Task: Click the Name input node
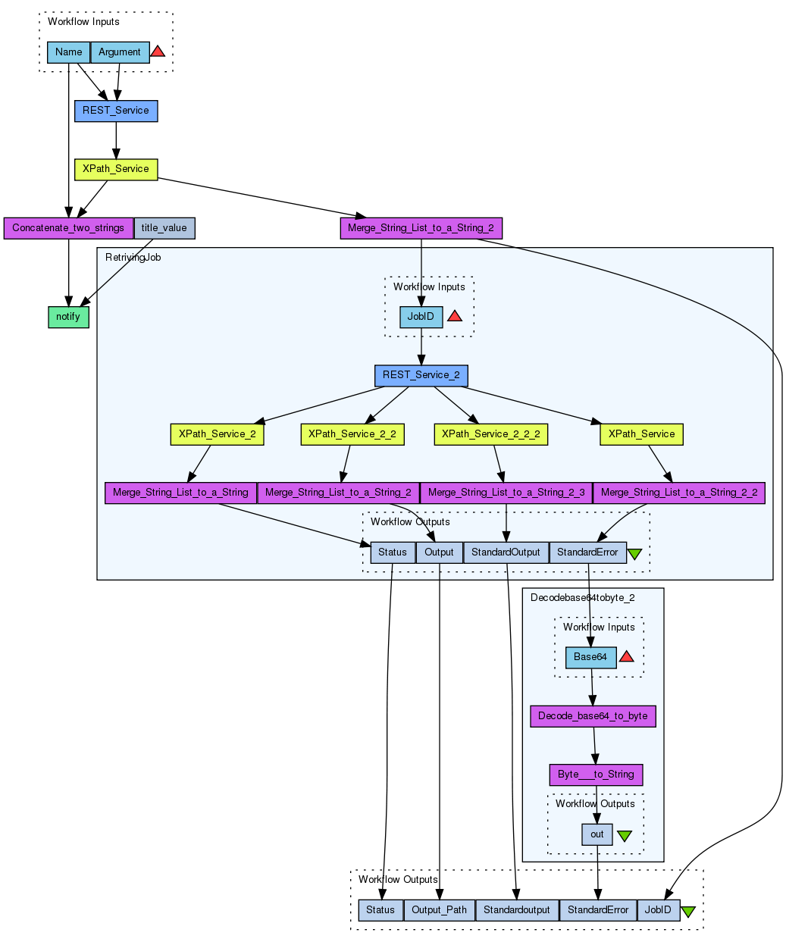[x=68, y=52]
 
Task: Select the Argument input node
[x=120, y=52]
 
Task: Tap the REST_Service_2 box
[x=421, y=375]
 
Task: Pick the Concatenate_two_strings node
[x=68, y=228]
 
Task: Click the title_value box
[x=164, y=228]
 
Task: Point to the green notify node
[x=68, y=317]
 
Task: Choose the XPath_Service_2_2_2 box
[x=490, y=434]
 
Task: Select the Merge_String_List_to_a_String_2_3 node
[x=506, y=493]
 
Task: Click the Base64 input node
[x=590, y=657]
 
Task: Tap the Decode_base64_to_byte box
[x=593, y=716]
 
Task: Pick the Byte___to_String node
[x=596, y=775]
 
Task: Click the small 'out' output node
[x=597, y=834]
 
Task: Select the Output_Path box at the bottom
[x=439, y=910]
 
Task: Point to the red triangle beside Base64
[x=626, y=656]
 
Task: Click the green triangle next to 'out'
[x=625, y=835]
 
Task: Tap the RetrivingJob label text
[x=133, y=258]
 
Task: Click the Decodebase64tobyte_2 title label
[x=582, y=598]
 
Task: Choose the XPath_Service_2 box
[x=217, y=434]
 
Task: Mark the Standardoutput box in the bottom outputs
[x=516, y=910]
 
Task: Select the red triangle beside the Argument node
[x=158, y=52]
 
